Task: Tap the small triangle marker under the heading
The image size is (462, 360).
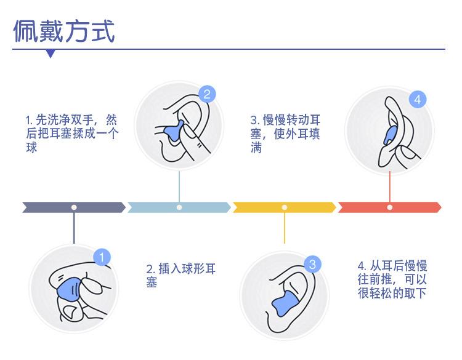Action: [x=51, y=54]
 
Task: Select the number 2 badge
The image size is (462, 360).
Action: [x=207, y=94]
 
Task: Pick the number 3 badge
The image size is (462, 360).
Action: [x=312, y=265]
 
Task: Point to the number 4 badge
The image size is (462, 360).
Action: [x=418, y=100]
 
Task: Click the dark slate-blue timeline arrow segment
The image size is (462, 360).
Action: [x=74, y=207]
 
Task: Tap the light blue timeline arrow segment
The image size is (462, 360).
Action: [x=179, y=207]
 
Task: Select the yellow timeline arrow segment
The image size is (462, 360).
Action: [x=284, y=207]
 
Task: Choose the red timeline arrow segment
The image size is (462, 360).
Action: [x=389, y=207]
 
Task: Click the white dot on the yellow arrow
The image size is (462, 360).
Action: [x=284, y=207]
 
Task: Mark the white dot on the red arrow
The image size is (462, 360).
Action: [x=389, y=207]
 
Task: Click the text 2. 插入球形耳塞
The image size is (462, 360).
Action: [x=181, y=275]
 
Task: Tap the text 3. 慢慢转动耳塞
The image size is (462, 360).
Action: [x=285, y=133]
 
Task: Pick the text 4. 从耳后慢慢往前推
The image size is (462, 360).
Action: [x=392, y=279]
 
